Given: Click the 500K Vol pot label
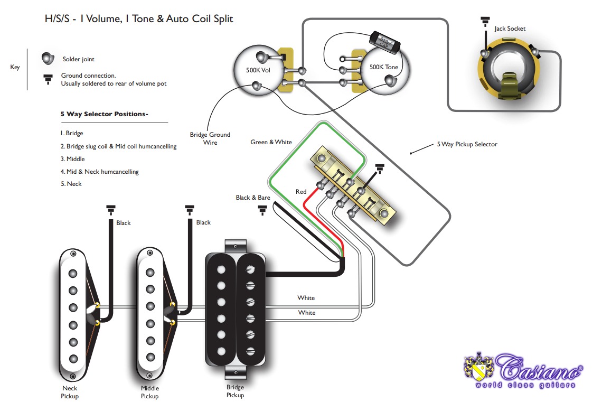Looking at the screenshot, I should pos(259,70).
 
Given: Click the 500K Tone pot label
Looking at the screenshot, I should pos(384,67).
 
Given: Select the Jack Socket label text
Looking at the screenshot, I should pos(510,29).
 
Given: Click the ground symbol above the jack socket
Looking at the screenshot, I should pos(484,22).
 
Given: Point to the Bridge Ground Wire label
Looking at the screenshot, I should pos(210,138).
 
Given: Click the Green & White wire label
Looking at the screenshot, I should pos(271,142).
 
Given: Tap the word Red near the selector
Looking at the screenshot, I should pos(301,192).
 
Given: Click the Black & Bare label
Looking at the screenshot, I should pos(253,198).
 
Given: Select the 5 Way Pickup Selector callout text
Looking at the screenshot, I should pos(467,144).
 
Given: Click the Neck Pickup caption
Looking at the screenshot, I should pos(70,391).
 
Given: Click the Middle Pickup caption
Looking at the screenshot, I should pos(149,392).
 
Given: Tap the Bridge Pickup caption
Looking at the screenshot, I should pos(235,391).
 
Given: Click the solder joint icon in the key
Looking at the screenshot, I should pos(49,58).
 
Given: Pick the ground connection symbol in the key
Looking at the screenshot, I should pos(48,80).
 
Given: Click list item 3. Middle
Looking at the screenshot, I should pos(72,159).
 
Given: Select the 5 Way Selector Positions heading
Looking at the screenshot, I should pos(105,114).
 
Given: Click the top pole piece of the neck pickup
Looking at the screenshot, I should pos(72,273).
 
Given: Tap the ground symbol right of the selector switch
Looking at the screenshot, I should pos(379,169).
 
